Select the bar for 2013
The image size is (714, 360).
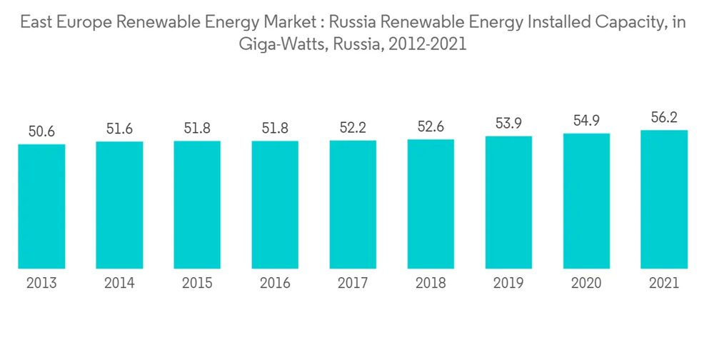(x=41, y=206)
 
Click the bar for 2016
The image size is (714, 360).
(x=275, y=205)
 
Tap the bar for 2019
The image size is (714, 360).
(x=508, y=202)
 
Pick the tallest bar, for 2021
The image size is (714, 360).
(x=664, y=199)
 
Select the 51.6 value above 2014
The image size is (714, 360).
(x=119, y=129)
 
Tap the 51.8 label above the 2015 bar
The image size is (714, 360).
(x=197, y=129)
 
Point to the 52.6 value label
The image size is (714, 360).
(x=431, y=127)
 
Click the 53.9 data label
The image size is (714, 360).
(x=508, y=124)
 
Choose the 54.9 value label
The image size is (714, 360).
(x=586, y=121)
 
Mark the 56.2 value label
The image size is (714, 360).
(x=664, y=118)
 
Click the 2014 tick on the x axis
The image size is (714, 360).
(x=119, y=284)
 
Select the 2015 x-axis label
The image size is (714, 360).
(x=197, y=284)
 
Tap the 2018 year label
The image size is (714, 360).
(x=431, y=284)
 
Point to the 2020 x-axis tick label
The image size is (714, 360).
(x=586, y=284)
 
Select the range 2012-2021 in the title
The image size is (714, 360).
(x=428, y=44)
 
